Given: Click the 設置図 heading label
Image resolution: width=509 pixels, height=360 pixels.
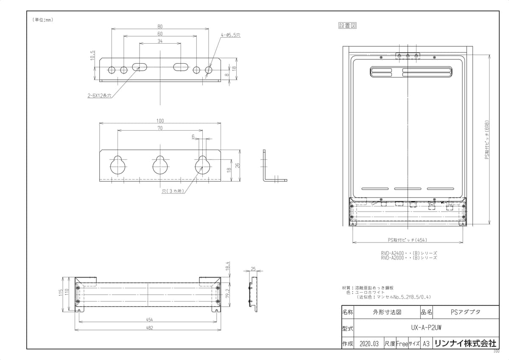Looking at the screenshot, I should point(347,26).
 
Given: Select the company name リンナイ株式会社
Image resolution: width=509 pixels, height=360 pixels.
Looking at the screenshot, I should point(464,343).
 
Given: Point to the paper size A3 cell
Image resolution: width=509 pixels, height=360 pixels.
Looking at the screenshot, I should point(426,344).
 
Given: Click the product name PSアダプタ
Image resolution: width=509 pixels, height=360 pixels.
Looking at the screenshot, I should point(465,312).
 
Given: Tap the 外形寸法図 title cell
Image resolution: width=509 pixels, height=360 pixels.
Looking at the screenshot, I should point(386,312).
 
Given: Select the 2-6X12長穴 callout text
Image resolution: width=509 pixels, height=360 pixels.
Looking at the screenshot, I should point(99,96).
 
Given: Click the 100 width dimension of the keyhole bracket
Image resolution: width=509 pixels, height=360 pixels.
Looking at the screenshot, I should point(160,121).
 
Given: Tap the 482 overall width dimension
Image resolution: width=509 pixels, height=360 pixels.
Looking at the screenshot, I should point(148,327).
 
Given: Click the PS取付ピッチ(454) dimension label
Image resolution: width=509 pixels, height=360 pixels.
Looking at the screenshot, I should point(407,240).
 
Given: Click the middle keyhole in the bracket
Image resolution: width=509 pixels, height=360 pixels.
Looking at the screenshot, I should point(160,165).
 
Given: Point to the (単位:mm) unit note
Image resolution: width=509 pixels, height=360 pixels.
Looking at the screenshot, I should point(42,20).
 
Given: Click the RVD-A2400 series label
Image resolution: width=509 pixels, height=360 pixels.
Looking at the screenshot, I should point(408,253).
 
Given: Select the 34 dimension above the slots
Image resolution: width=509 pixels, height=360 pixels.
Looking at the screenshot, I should point(160,41).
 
